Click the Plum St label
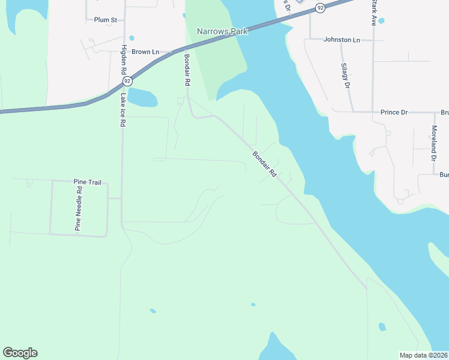pos(105,20)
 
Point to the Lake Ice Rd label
pos(122,109)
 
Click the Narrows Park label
pos(222,31)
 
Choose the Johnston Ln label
pos(342,40)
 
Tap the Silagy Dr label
pos(345,76)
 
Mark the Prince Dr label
pos(394,112)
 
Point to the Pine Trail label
pos(85,181)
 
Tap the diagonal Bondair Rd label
pos(264,164)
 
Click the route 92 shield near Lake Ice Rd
pos(127,80)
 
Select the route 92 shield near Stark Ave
pos(321,8)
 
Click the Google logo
pos(20,353)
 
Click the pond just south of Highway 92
pos(142,97)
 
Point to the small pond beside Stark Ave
pos(381,20)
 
